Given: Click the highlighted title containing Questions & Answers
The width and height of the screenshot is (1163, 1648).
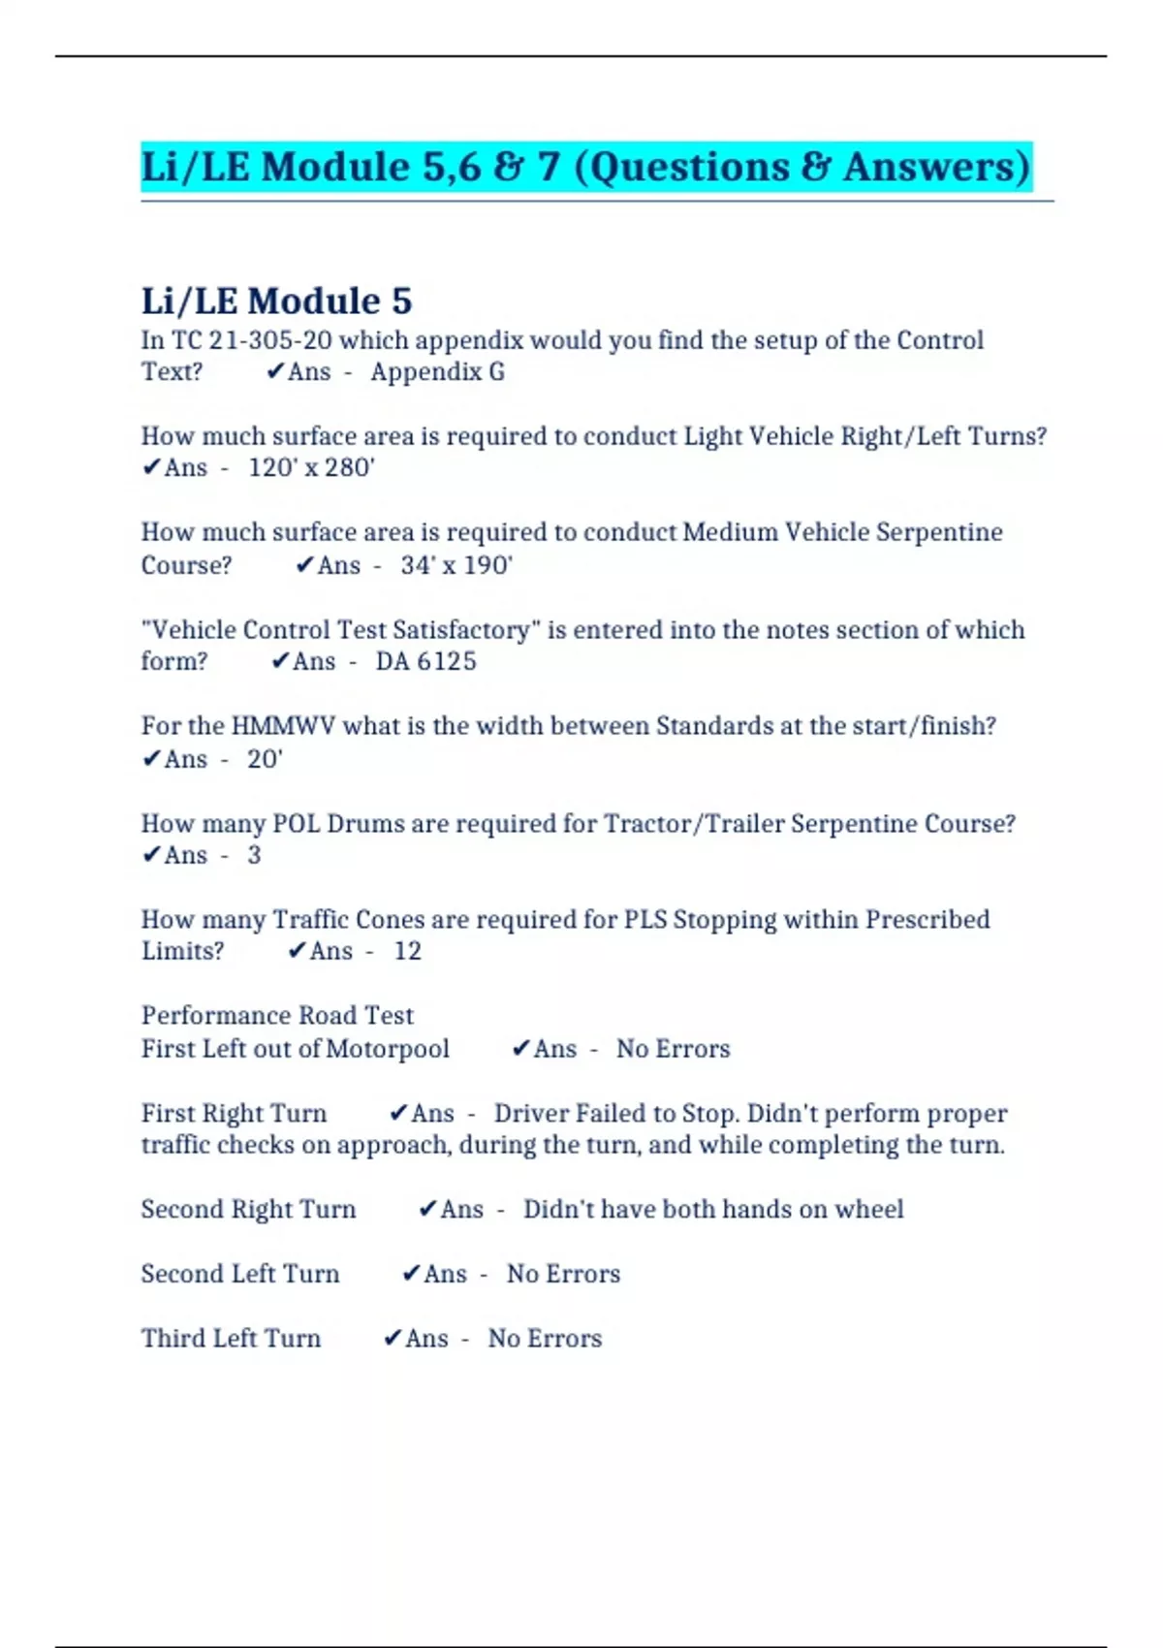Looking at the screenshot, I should click(x=586, y=167).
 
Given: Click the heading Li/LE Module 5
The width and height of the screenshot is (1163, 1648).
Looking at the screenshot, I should click(x=276, y=301).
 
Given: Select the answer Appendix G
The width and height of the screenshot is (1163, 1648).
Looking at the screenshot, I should click(x=437, y=372).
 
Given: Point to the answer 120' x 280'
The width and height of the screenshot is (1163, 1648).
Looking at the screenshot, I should click(x=311, y=468).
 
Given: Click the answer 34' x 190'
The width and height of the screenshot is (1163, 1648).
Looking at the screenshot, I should click(x=456, y=565).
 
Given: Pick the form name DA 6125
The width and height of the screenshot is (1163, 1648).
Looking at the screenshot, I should click(x=426, y=662).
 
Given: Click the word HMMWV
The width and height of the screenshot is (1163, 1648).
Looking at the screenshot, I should click(x=283, y=726).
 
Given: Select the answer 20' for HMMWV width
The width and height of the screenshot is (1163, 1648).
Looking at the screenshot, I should click(x=264, y=759).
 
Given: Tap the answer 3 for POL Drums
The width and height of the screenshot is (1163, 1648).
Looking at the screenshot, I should click(x=254, y=855).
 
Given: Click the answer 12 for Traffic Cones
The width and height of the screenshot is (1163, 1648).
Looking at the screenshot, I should click(x=407, y=951).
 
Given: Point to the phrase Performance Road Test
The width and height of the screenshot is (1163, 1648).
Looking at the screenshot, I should click(x=277, y=1015).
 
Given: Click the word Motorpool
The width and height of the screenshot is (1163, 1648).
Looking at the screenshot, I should click(x=388, y=1049).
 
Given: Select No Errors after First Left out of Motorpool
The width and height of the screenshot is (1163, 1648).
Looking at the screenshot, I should click(x=673, y=1049).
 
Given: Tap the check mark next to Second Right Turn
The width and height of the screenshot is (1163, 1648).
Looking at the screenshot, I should click(x=427, y=1209).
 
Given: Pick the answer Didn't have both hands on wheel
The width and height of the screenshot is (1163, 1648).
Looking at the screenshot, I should click(x=713, y=1209).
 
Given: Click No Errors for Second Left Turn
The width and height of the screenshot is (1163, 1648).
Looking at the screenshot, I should click(x=563, y=1274).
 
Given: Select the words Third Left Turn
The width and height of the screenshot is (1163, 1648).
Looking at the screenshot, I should click(x=231, y=1338).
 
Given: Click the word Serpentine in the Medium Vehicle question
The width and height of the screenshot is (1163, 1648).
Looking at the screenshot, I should click(x=939, y=532).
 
